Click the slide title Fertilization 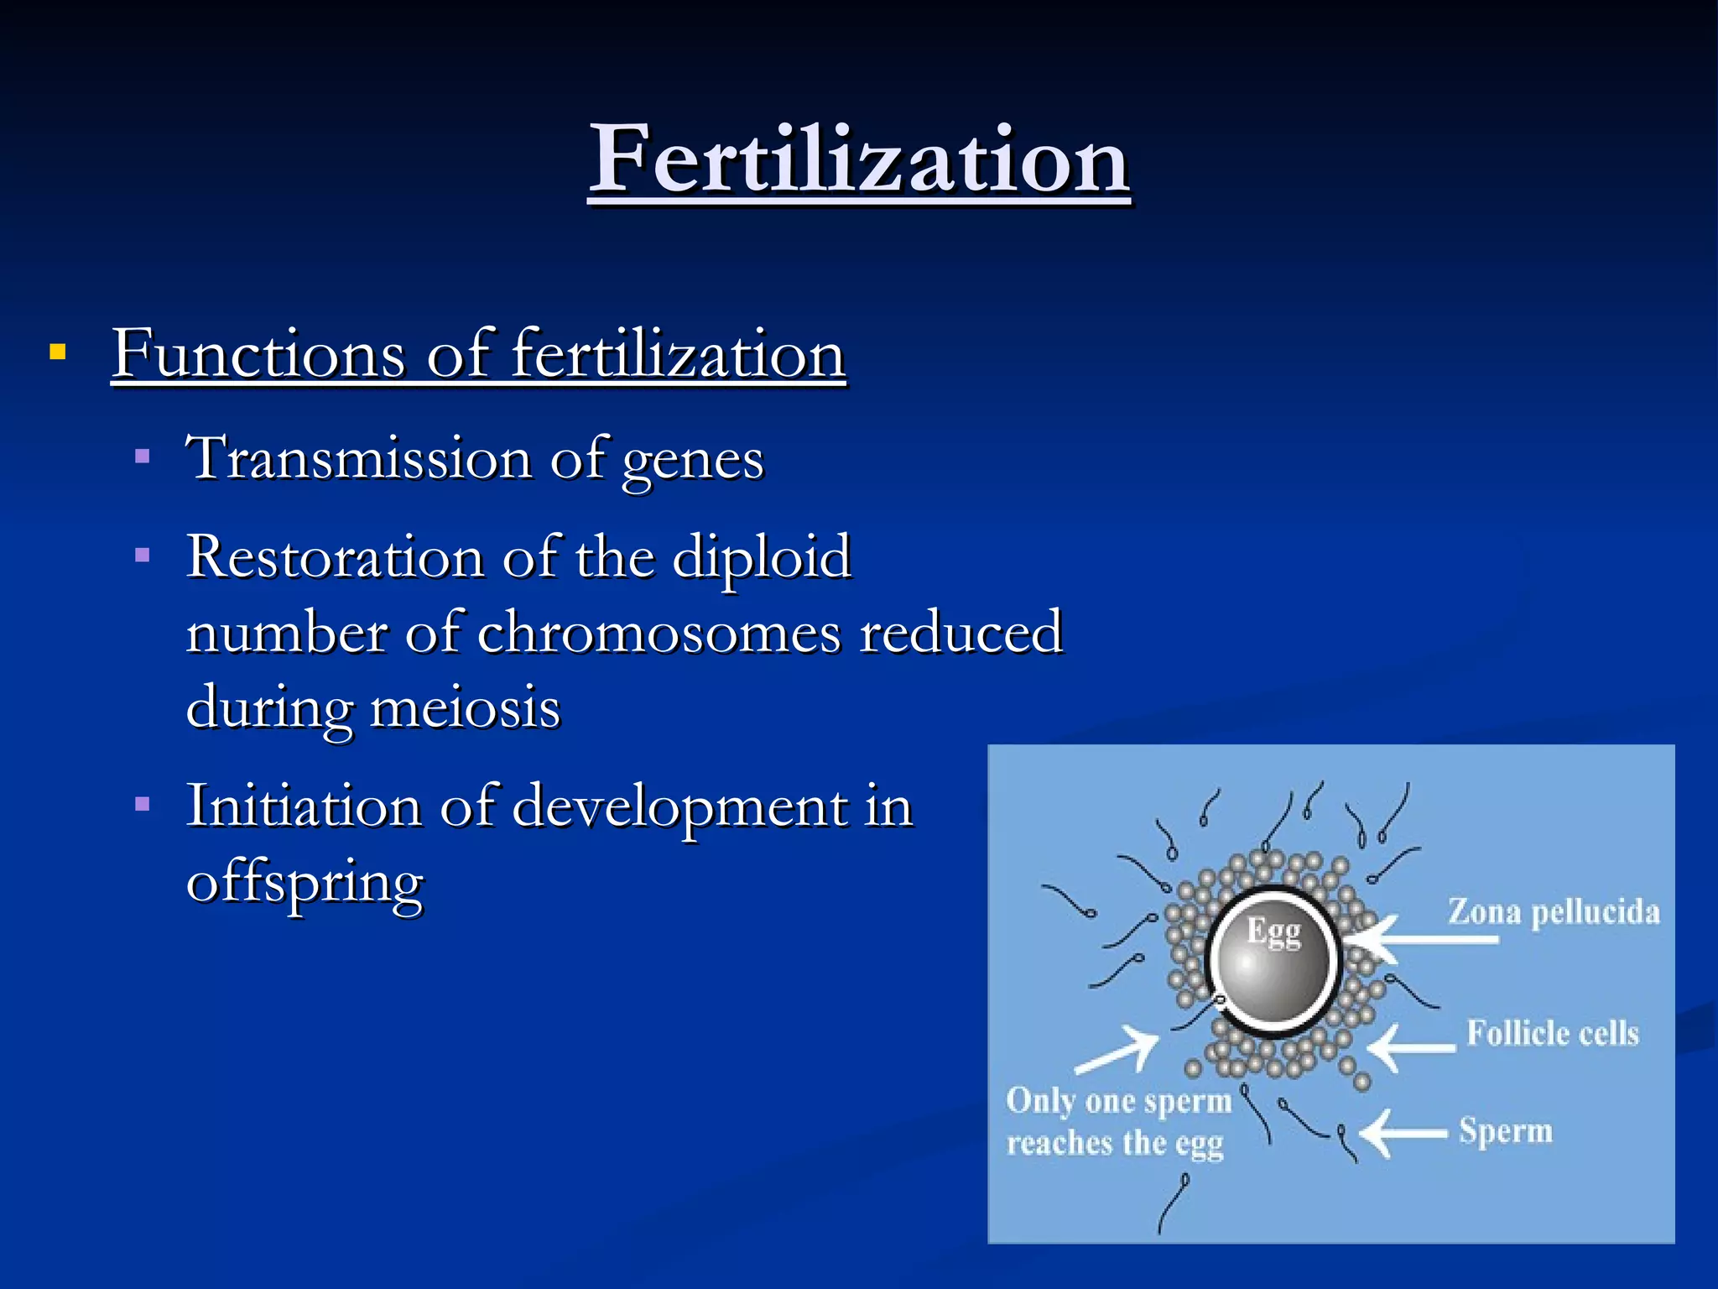859,159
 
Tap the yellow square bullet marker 57,351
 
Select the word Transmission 358,458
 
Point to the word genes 692,462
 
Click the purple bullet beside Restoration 143,555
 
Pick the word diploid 761,558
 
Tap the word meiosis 465,707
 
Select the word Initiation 303,806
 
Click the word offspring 305,884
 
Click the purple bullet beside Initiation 143,804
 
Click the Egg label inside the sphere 1273,932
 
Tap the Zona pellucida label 1554,912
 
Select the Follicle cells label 1552,1033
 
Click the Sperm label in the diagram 1505,1130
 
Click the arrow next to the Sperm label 1403,1134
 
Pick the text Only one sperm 1117,1101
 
